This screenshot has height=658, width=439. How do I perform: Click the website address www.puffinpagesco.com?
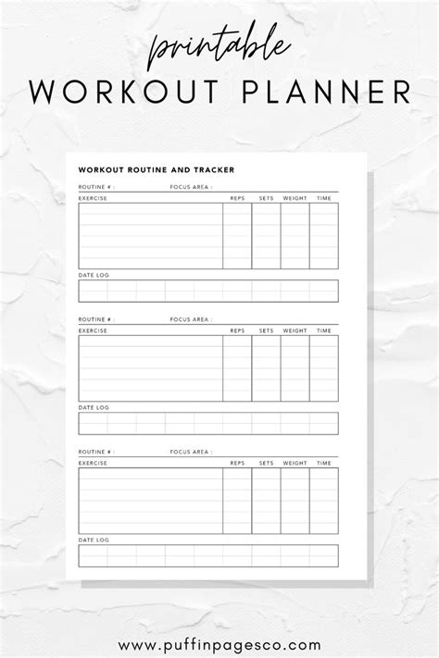click(x=219, y=619)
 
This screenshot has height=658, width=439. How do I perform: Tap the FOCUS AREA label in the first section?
click(x=190, y=187)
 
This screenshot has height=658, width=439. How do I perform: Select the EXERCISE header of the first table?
click(x=93, y=198)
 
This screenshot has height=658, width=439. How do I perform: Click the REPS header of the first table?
click(x=237, y=198)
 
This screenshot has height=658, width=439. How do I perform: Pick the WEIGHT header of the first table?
click(x=295, y=198)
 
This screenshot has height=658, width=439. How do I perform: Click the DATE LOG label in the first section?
click(x=93, y=276)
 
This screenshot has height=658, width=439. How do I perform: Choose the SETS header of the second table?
click(x=266, y=330)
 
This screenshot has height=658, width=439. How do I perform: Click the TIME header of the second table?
click(x=324, y=330)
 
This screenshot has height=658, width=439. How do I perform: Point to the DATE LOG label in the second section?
click(x=93, y=408)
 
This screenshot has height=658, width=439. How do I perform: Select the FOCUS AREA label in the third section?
click(x=190, y=452)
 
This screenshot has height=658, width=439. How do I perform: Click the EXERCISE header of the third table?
click(x=93, y=463)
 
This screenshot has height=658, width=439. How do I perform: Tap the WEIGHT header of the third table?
click(x=295, y=463)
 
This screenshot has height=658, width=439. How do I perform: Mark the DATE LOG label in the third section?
click(x=93, y=540)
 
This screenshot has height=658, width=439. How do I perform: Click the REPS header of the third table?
click(x=237, y=463)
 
